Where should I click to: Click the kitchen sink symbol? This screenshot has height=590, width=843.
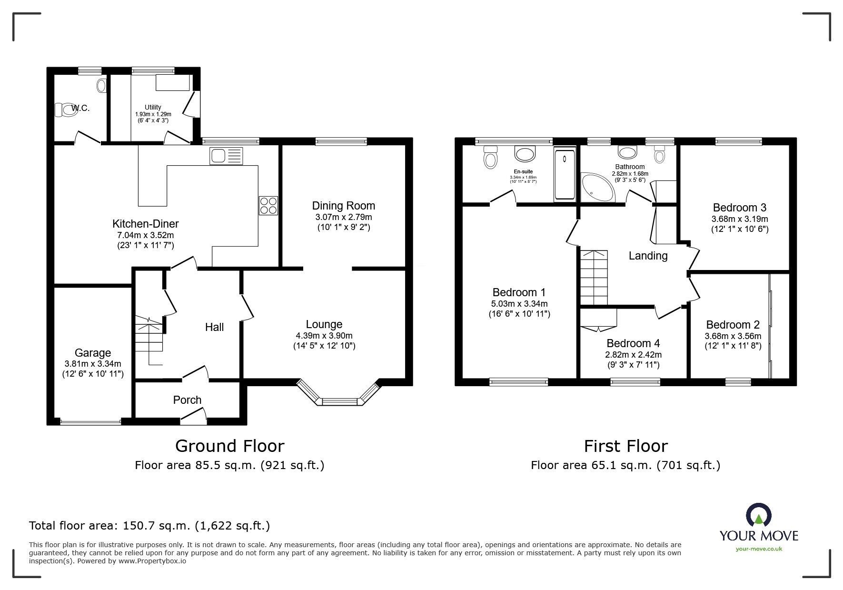226,156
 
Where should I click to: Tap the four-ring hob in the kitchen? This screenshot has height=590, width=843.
268,206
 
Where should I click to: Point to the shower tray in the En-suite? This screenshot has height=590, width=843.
565,175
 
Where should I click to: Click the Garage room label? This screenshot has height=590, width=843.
93,353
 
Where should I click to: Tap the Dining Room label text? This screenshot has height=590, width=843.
343,206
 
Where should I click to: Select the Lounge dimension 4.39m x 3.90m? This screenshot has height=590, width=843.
324,336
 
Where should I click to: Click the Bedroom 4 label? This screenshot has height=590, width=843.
633,343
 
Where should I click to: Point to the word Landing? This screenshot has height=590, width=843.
648,256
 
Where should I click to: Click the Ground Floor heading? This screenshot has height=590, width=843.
229,446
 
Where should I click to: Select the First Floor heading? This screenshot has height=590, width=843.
625,446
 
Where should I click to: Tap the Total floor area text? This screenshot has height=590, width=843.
149,526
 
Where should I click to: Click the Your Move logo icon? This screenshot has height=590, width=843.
758,516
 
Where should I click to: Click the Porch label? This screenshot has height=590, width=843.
187,400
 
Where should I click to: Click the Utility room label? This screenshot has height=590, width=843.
153,107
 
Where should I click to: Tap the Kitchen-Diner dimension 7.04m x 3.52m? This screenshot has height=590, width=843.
145,235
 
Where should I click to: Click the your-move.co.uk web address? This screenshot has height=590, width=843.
759,549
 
